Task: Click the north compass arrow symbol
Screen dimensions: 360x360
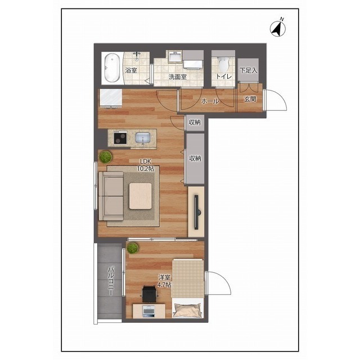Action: [278, 29]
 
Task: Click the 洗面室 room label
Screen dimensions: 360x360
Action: [178, 77]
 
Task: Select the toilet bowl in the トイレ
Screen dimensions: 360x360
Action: [223, 65]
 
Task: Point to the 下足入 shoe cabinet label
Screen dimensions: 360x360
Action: [248, 70]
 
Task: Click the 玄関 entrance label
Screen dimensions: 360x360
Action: [250, 99]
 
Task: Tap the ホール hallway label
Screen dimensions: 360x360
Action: [210, 101]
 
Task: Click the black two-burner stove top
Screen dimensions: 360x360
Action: [120, 138]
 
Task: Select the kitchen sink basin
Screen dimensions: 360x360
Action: [143, 137]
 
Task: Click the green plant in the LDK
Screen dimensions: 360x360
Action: [106, 157]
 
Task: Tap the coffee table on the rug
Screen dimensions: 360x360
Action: [140, 196]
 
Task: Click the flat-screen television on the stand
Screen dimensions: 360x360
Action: [197, 212]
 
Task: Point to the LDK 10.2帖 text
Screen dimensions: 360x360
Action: [146, 165]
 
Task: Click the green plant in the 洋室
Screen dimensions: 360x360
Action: [133, 248]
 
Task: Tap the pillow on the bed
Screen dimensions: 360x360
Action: [188, 310]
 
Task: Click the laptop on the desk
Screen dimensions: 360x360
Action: [148, 312]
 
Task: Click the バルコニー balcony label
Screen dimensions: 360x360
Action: [111, 281]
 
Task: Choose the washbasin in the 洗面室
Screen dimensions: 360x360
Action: [175, 56]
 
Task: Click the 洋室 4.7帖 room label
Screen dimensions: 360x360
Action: [164, 281]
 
